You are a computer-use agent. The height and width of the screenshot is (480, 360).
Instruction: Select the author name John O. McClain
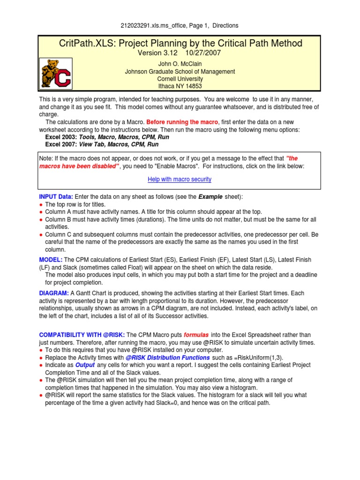point(180,64)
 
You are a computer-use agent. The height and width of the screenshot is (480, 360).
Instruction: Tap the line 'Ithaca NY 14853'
point(180,86)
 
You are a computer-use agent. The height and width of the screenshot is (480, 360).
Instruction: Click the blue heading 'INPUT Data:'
point(56,197)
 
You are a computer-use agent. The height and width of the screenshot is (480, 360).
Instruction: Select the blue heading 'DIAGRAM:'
point(54,293)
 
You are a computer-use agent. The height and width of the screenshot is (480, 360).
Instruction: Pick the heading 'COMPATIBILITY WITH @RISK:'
point(82,335)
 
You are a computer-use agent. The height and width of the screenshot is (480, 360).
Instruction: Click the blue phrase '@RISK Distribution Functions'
point(168,357)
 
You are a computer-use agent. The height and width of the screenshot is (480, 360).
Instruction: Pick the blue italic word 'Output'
point(85,365)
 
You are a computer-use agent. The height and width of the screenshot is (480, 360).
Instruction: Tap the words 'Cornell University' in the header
point(180,79)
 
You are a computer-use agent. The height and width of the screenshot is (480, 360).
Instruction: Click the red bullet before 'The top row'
point(41,205)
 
